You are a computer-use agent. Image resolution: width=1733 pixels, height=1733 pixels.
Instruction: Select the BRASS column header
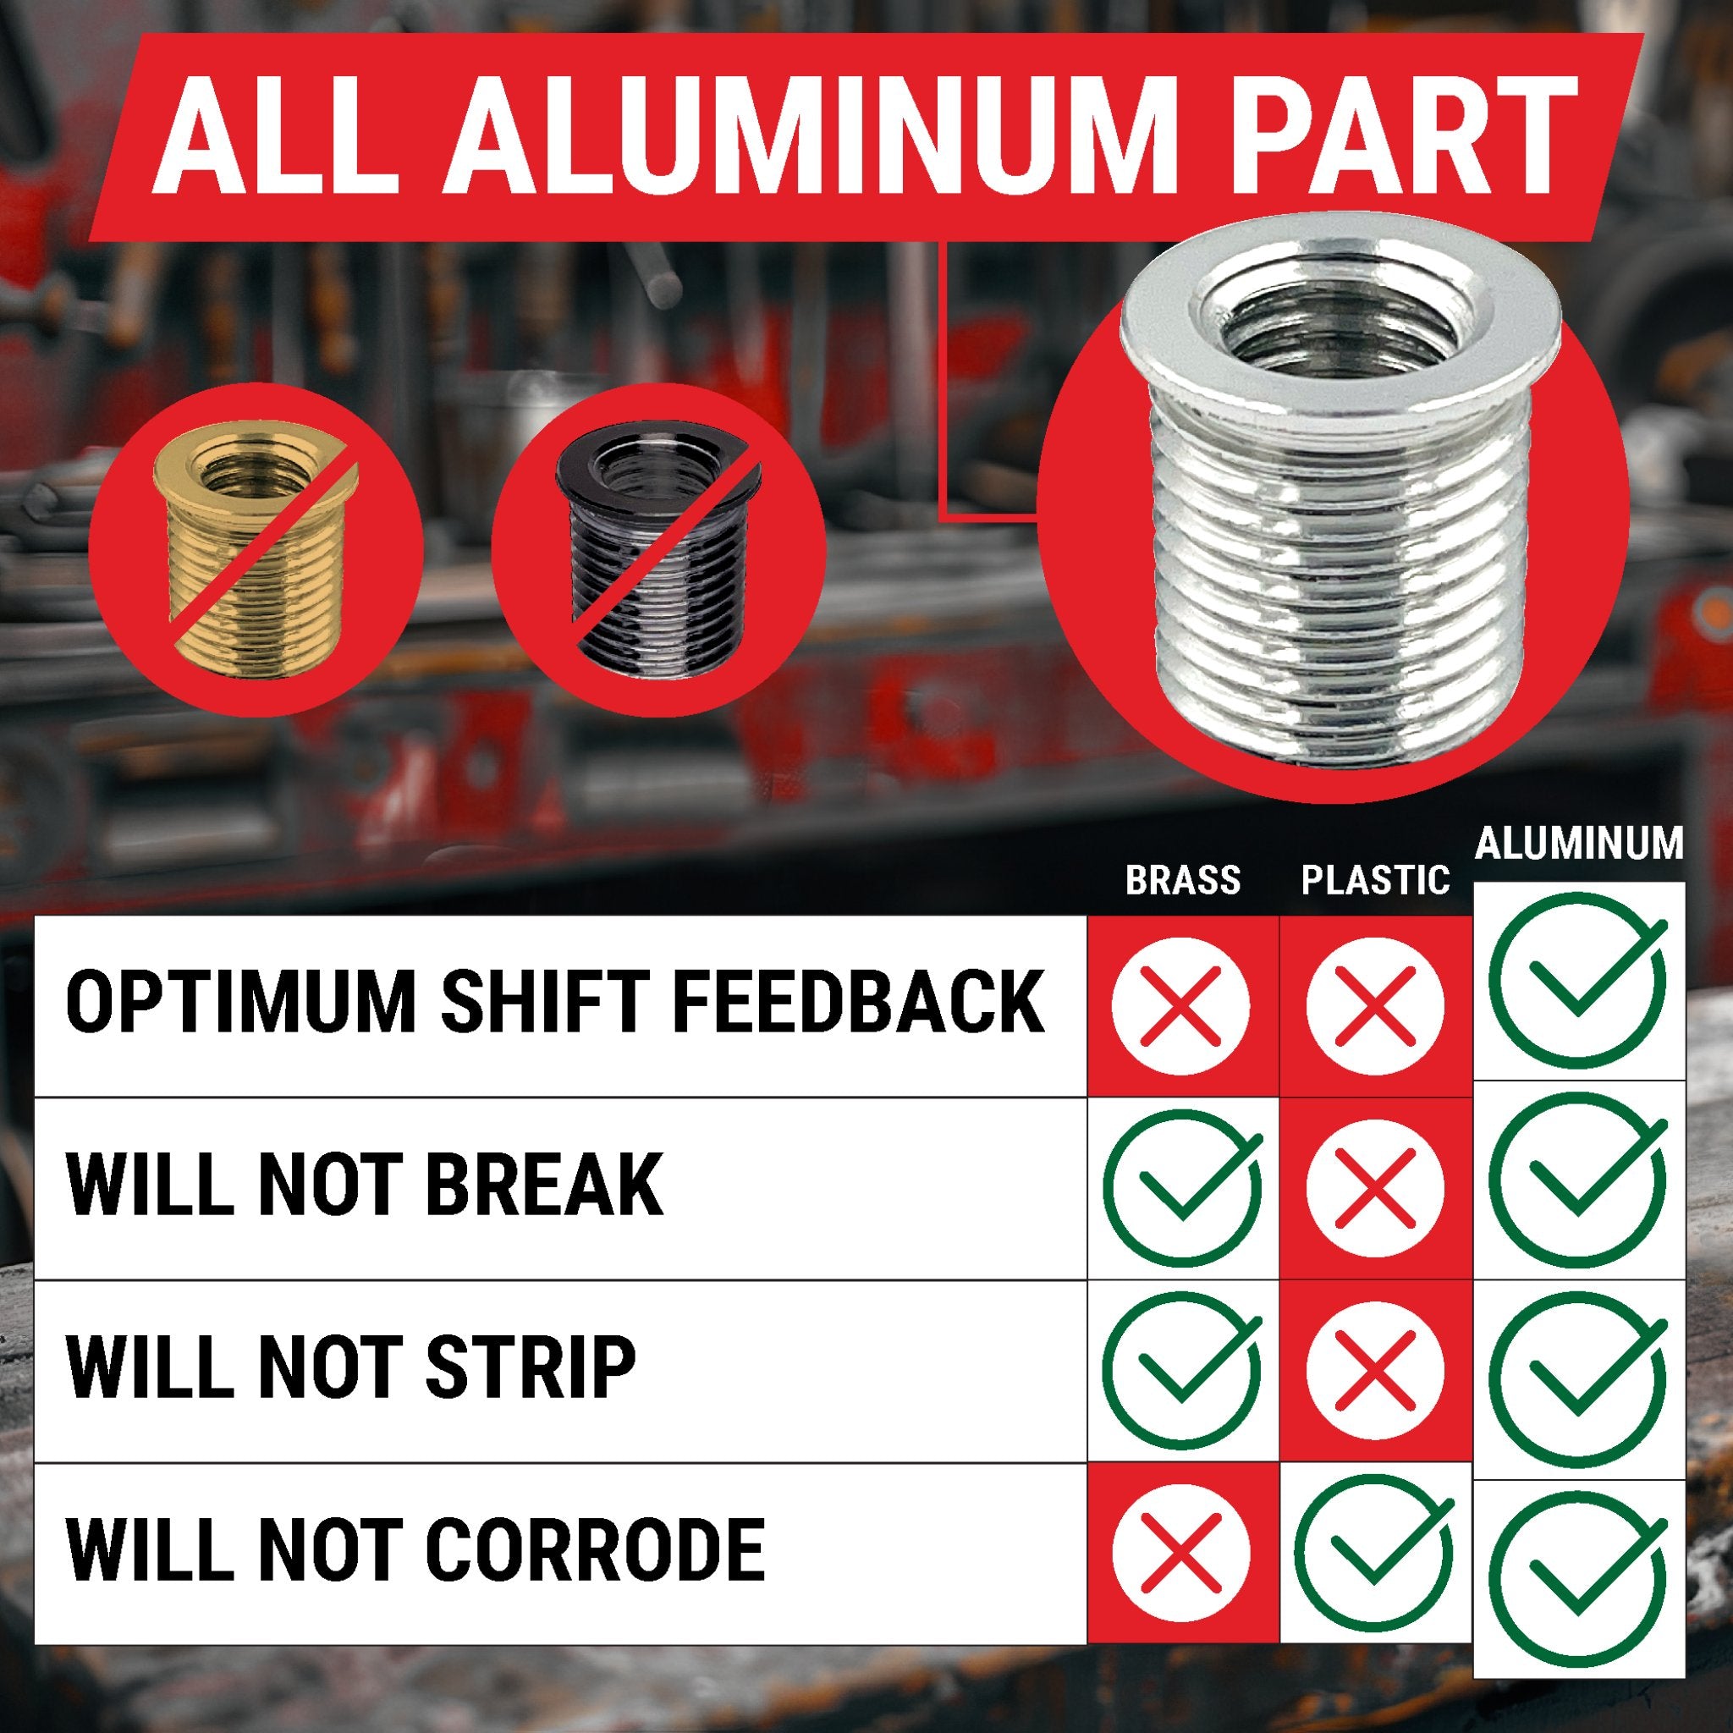pos(1182,880)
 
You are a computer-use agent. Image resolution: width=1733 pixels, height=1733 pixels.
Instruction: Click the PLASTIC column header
pos(1375,880)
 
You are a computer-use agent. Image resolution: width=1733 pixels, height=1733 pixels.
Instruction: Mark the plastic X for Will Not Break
pos(1375,1187)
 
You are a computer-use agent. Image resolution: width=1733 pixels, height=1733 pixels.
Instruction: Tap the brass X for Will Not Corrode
pos(1180,1553)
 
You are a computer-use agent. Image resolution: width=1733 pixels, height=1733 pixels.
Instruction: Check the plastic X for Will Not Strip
pos(1375,1370)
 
